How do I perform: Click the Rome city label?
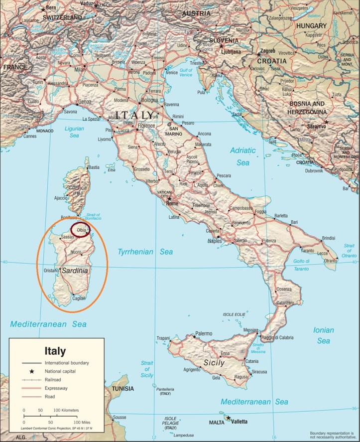pos(172,204)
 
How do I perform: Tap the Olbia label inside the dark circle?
pos(81,231)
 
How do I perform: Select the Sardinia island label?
pos(75,271)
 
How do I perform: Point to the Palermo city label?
pos(204,333)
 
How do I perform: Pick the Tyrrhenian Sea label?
pos(145,252)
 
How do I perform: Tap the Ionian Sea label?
pos(324,335)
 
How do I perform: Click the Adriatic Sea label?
pos(242,156)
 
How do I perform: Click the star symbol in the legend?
pos(31,371)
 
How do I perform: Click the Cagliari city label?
pos(79,298)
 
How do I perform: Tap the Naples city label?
pos(215,241)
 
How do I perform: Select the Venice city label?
pos(172,73)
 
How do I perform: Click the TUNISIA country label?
pos(122,389)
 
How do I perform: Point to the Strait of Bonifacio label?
pos(94,216)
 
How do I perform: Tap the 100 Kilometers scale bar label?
pos(66,410)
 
